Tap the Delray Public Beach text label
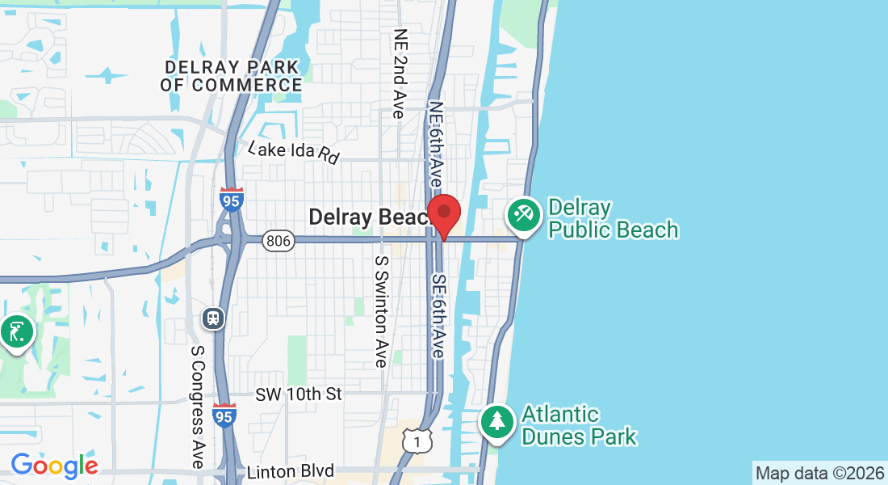pyautogui.click(x=613, y=219)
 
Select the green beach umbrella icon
pyautogui.click(x=523, y=215)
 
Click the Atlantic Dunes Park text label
pyautogui.click(x=579, y=426)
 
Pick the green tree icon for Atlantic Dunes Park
pyautogui.click(x=498, y=421)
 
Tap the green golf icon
pyautogui.click(x=16, y=331)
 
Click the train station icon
pyautogui.click(x=213, y=318)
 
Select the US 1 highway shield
pyautogui.click(x=417, y=441)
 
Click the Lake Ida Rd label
pyautogui.click(x=294, y=152)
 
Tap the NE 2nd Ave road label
pyautogui.click(x=399, y=74)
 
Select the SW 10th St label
pyautogui.click(x=299, y=394)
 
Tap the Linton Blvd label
pyautogui.click(x=291, y=471)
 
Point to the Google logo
pyautogui.click(x=54, y=465)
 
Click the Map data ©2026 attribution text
pyautogui.click(x=819, y=473)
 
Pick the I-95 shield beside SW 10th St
pyautogui.click(x=225, y=415)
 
